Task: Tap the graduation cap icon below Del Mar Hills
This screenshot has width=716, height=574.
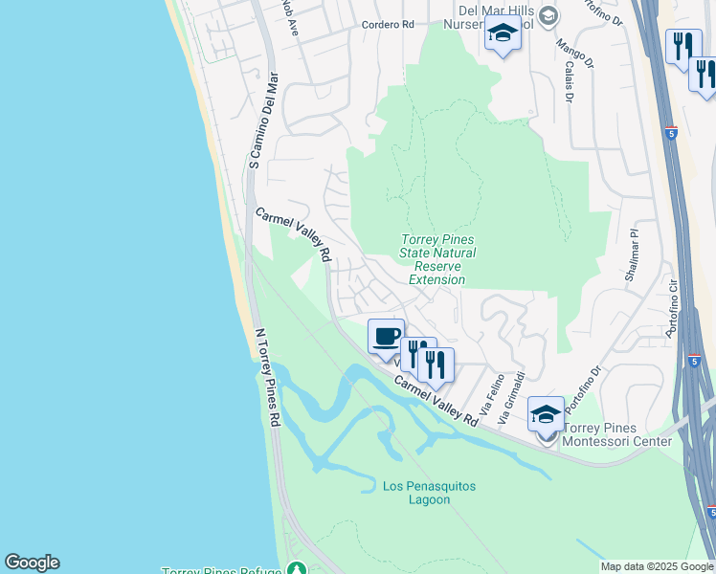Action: pyautogui.click(x=502, y=34)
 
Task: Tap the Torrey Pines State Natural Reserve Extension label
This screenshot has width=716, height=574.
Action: pyautogui.click(x=436, y=259)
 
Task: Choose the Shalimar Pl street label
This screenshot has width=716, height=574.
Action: pyautogui.click(x=630, y=255)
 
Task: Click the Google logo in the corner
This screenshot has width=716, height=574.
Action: pyautogui.click(x=32, y=563)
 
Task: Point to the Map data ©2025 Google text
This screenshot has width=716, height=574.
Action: pyautogui.click(x=657, y=566)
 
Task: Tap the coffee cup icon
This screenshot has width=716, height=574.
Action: pyautogui.click(x=387, y=337)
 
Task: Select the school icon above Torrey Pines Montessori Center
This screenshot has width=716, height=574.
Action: pyautogui.click(x=546, y=414)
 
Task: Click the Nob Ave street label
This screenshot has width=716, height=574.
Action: pyautogui.click(x=291, y=16)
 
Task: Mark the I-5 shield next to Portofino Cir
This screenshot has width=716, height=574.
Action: pyautogui.click(x=695, y=363)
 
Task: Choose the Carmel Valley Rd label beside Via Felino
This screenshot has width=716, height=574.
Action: pyautogui.click(x=436, y=400)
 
